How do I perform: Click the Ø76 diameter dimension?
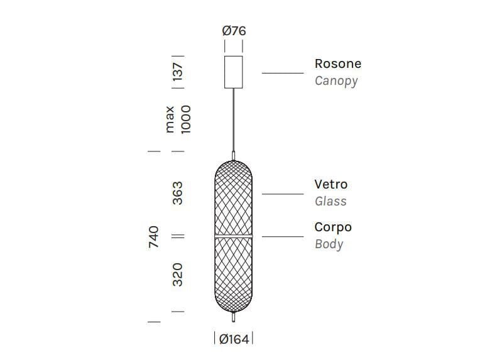point(234,30)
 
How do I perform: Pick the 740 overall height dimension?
point(153,236)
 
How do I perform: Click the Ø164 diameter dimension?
point(234,339)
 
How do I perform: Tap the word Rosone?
point(337,63)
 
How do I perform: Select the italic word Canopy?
point(336,80)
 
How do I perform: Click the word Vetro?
point(330,184)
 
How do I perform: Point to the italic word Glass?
point(330,201)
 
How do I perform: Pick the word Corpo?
point(333,227)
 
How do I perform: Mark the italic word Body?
point(329,244)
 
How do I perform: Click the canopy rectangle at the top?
point(234,72)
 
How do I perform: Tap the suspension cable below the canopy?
point(234,119)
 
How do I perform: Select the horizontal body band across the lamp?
point(234,236)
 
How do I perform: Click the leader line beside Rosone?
point(283,73)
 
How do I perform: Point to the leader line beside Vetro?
point(283,194)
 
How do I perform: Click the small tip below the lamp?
point(234,318)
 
